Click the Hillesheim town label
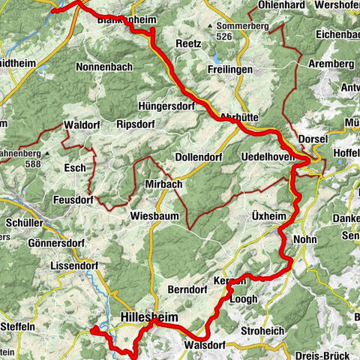coord(149,318)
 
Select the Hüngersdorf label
coord(166,106)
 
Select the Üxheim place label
coord(269,216)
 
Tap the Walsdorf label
coord(203,346)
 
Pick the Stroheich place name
coord(262,330)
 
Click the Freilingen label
coord(231,70)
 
